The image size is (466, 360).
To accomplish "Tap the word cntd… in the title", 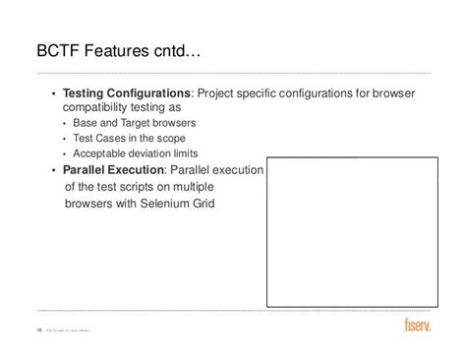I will pyautogui.click(x=184, y=49).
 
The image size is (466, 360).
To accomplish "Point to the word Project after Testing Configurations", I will pyautogui.click(x=218, y=93).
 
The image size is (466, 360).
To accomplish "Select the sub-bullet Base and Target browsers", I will pyautogui.click(x=135, y=123).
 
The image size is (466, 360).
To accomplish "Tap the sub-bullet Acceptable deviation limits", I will pyautogui.click(x=136, y=153).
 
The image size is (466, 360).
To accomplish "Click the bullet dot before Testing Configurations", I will pyautogui.click(x=53, y=93).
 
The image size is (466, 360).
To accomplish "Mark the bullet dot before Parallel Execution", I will pyautogui.click(x=53, y=169).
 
